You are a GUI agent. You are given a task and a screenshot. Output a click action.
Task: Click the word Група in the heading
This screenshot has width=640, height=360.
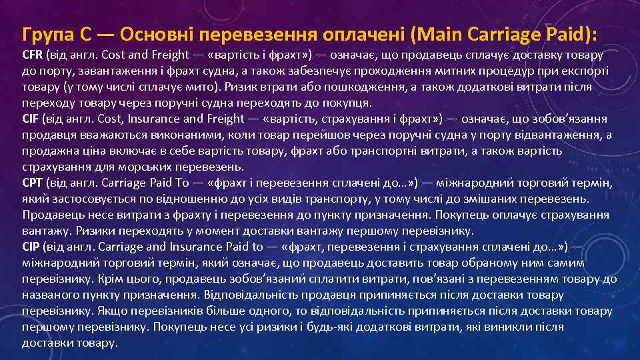coord(45,33)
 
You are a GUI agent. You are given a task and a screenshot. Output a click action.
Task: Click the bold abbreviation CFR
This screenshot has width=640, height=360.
coord(33,55)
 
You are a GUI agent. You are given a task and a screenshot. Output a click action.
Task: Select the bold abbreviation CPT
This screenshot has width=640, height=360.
coord(32,183)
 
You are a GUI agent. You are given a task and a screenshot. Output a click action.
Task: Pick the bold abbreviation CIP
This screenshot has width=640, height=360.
coord(31,247)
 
